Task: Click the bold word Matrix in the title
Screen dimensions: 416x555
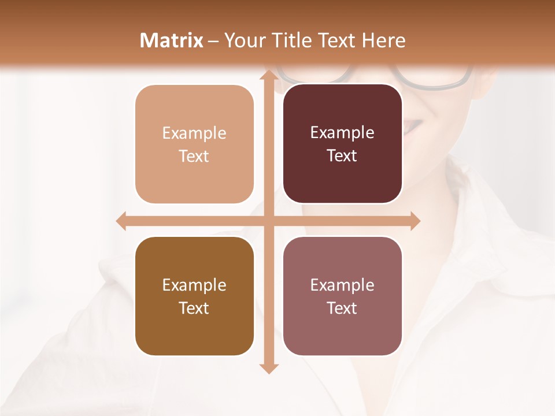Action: point(172,40)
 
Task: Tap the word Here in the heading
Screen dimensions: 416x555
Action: point(383,40)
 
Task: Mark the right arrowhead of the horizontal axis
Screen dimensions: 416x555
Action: point(414,221)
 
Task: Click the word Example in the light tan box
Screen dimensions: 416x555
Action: point(194,133)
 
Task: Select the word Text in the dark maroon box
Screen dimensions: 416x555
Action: point(342,156)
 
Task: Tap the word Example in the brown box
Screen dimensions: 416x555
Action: point(194,285)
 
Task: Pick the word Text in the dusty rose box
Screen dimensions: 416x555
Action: point(342,308)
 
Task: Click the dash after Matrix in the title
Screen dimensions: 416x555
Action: point(213,41)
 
